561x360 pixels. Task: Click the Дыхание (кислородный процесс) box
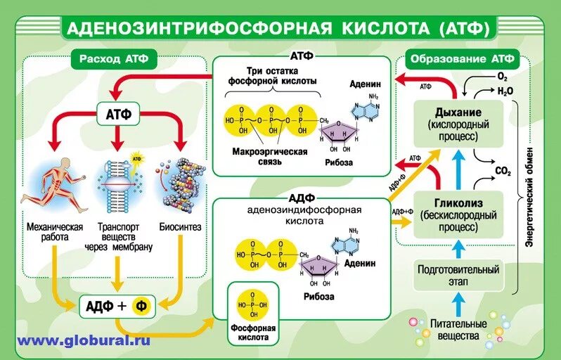tap(458, 124)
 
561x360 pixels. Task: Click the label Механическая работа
tap(55, 232)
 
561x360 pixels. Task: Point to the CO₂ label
tap(503, 171)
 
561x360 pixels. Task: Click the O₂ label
tap(502, 76)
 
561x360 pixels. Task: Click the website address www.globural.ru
tap(84, 341)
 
